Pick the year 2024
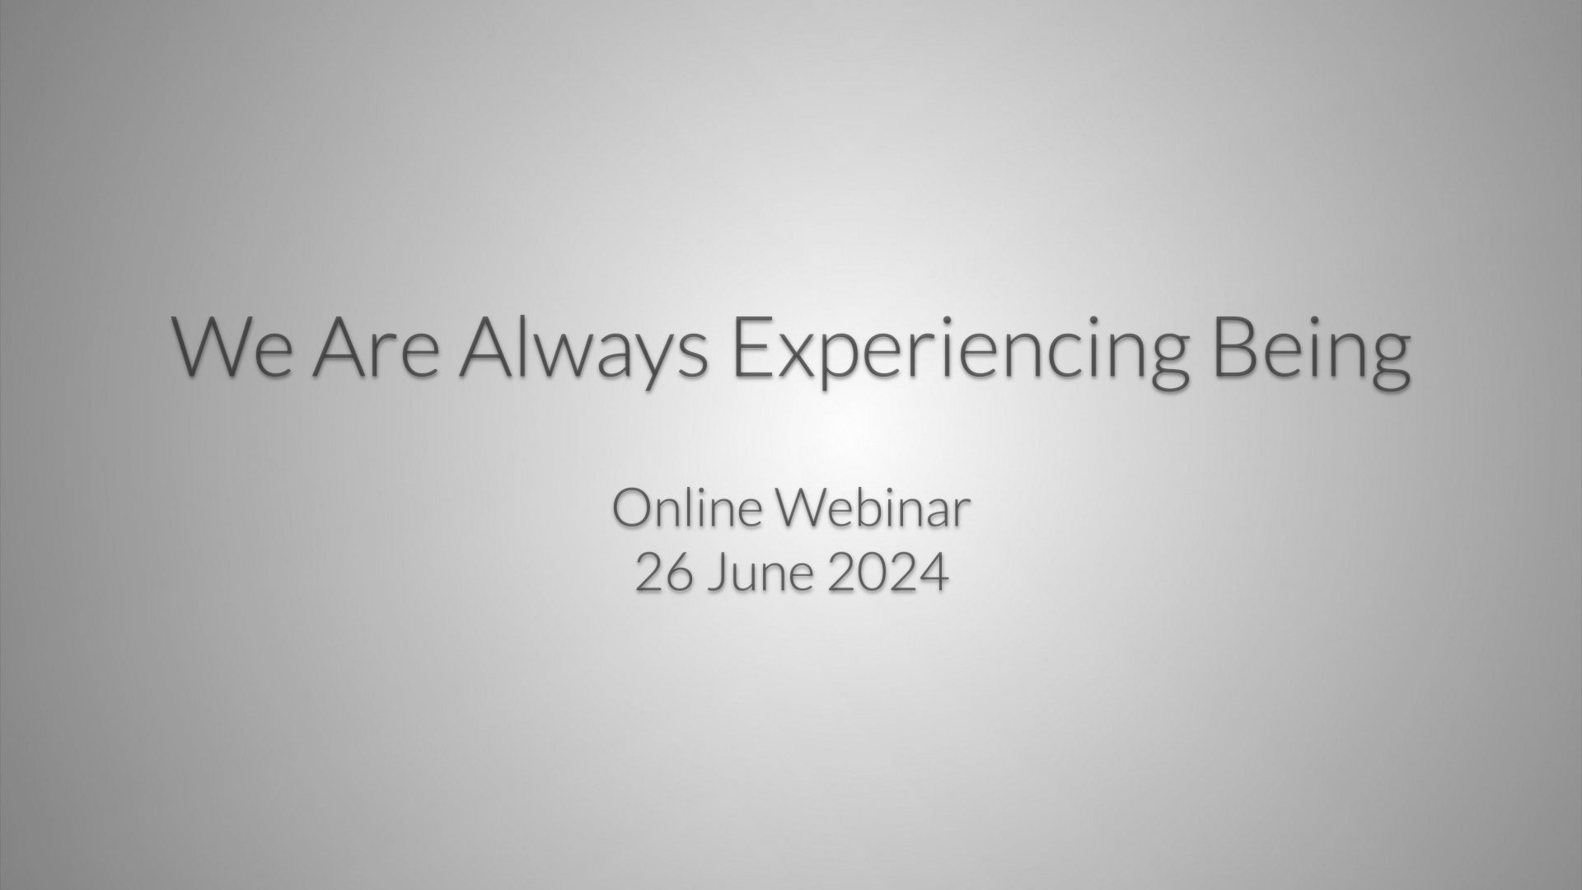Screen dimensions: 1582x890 tap(888, 573)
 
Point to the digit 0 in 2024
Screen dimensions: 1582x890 tap(873, 573)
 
